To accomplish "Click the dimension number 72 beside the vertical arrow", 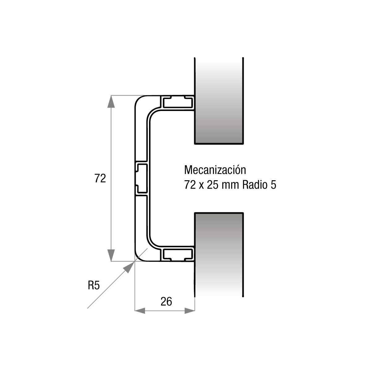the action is pos(100,178).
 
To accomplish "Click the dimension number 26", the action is pos(166,301).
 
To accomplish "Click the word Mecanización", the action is pos(215,170).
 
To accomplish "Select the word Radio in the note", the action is pos(255,185).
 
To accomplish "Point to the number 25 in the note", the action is pos(213,185).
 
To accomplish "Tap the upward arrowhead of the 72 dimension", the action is pos(111,101).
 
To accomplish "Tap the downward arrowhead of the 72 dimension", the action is pos(111,255).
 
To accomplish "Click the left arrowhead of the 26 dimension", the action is pos(140,310).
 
